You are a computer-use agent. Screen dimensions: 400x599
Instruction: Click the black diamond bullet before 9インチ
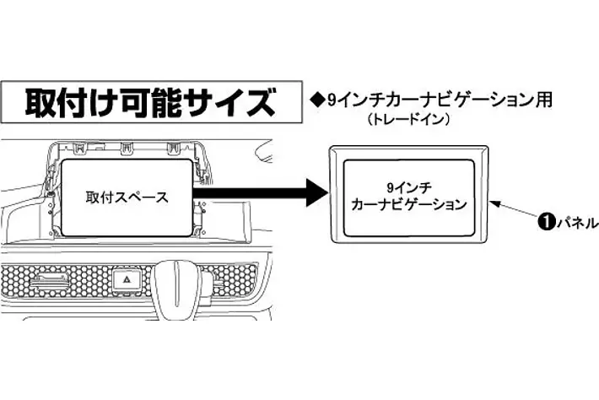point(317,100)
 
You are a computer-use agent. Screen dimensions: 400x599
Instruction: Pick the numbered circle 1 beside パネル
point(546,223)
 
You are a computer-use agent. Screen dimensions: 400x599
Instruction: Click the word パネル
point(576,223)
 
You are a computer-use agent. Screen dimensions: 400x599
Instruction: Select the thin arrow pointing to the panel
point(515,211)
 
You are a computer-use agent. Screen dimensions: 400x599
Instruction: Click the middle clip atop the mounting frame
point(127,147)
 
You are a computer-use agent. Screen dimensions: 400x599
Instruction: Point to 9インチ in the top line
point(351,100)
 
